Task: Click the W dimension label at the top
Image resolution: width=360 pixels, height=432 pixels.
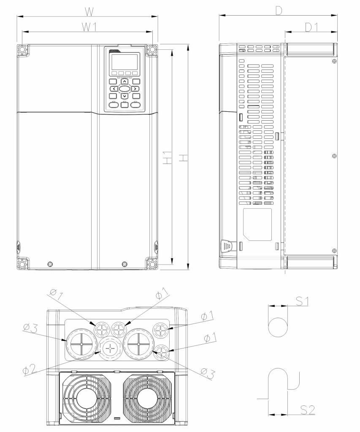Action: tap(89, 11)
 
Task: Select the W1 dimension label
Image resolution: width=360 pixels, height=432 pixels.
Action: tap(89, 27)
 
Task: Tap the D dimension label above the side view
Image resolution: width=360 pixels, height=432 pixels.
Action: tap(279, 11)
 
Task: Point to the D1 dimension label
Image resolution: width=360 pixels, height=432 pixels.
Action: tap(312, 27)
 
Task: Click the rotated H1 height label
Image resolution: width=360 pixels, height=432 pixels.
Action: tap(167, 158)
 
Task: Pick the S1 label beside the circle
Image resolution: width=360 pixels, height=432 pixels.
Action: tap(302, 301)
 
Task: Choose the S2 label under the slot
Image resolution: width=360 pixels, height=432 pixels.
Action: tap(308, 410)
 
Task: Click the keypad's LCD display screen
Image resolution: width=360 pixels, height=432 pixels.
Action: tap(125, 62)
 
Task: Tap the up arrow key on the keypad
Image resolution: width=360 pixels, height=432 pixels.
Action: tap(125, 81)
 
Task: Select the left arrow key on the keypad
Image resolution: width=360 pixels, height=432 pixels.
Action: tap(114, 89)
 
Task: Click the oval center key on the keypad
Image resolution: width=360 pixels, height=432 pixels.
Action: tap(125, 89)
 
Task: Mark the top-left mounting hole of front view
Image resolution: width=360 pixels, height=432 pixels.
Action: tap(22, 50)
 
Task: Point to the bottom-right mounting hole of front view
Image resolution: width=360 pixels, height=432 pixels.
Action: tap(152, 263)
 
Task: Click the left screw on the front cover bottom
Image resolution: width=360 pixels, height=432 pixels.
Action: tap(50, 265)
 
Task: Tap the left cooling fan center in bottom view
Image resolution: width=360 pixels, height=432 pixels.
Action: tap(85, 399)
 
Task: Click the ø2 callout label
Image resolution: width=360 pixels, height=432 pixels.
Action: tap(30, 369)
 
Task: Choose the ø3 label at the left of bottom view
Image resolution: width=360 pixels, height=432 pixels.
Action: tap(30, 328)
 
